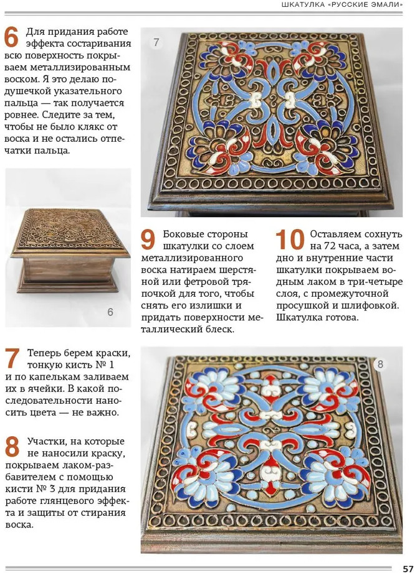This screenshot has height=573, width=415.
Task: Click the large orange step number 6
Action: [x=11, y=37]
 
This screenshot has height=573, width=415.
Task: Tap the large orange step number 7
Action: [x=12, y=358]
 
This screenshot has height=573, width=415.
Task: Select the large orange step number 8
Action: [x=12, y=447]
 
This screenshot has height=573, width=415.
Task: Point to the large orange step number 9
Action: [x=148, y=240]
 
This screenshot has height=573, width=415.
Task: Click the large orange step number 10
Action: [x=290, y=240]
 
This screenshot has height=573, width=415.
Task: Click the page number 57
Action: [x=408, y=568]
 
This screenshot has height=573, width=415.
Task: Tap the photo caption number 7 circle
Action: [x=156, y=42]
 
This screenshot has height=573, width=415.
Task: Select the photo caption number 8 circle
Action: [x=381, y=364]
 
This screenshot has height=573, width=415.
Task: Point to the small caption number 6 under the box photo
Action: [x=110, y=312]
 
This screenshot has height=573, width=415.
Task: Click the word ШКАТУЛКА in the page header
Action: [x=303, y=5]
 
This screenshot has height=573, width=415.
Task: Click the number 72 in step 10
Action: [x=332, y=246]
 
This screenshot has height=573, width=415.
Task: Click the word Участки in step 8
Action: [x=44, y=442]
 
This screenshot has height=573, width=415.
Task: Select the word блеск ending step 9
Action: [x=217, y=330]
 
